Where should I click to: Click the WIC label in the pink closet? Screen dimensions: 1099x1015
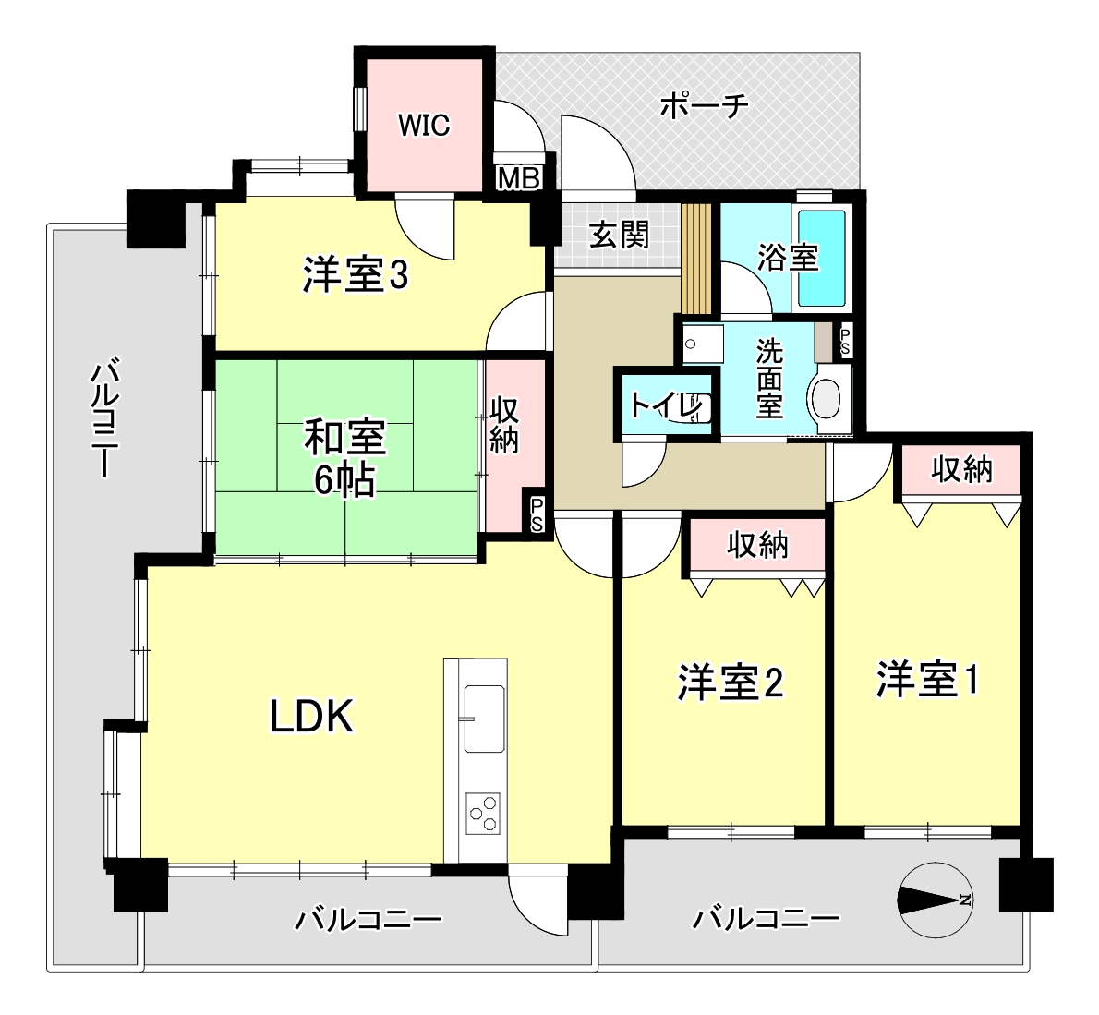424,126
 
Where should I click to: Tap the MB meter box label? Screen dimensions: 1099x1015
519,179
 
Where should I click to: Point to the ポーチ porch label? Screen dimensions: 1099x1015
705,106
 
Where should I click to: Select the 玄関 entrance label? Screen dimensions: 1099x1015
619,235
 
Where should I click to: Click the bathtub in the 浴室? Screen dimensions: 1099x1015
821,258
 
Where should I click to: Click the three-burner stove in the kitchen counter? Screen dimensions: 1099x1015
484,813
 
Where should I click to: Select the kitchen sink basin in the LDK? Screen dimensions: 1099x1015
484,719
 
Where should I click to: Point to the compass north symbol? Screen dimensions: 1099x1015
934,900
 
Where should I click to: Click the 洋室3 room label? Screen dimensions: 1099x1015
356,275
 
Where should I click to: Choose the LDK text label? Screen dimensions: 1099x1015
311,717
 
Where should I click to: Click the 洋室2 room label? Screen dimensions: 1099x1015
730,683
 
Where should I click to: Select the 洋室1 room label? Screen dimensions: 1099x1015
927,679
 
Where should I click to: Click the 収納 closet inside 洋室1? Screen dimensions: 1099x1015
960,469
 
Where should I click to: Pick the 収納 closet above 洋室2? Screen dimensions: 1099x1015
757,545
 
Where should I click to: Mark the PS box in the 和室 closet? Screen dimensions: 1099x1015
537,514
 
